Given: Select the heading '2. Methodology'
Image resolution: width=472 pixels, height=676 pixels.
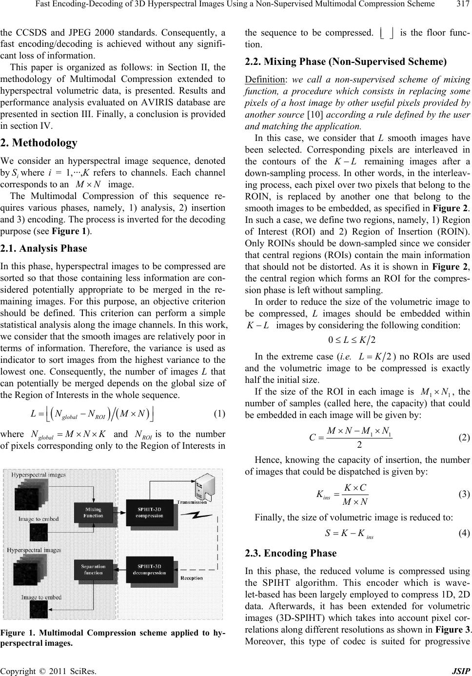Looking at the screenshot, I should (39, 143).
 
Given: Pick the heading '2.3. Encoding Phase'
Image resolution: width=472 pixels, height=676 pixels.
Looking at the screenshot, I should (291, 553).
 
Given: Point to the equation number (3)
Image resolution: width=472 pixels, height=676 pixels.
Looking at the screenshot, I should (464, 494).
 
